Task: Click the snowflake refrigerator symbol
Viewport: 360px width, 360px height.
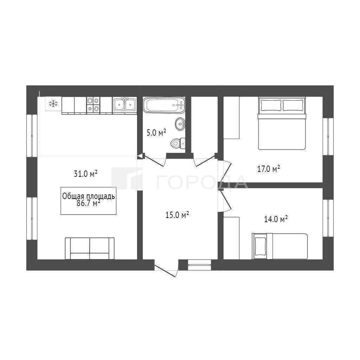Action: [53, 104]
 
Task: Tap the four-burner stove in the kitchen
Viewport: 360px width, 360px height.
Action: [93, 105]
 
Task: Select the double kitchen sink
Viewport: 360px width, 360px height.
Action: [125, 105]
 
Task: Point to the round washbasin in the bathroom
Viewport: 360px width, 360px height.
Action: [180, 124]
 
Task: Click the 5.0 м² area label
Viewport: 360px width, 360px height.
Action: [156, 133]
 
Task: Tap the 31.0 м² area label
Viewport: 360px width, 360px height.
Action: [86, 173]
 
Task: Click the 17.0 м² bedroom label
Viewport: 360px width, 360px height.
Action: [268, 169]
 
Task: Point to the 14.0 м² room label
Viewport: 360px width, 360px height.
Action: [276, 219]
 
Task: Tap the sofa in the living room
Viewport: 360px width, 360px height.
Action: [90, 249]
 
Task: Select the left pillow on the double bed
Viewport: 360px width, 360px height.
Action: [270, 105]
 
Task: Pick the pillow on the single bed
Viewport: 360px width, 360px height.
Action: [261, 246]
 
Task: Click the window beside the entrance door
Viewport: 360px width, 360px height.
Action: [199, 265]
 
